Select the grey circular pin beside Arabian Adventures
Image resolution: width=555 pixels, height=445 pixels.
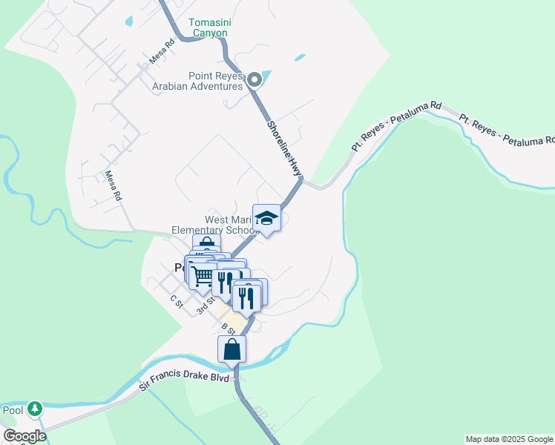[x=254, y=80]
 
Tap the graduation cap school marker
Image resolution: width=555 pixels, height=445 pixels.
[x=266, y=218]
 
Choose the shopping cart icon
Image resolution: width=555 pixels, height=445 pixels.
[x=203, y=276]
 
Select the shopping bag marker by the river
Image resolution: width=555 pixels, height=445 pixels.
[x=232, y=349]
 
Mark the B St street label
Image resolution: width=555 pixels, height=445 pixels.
[x=228, y=329]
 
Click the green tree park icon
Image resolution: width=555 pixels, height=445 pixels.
[x=35, y=409]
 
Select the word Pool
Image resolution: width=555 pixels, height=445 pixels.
[x=13, y=410]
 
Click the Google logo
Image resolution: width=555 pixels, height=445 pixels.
[x=24, y=436]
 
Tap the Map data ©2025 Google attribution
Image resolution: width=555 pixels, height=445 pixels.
[x=508, y=439]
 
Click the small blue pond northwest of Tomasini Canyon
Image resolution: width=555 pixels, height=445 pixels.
[x=129, y=22]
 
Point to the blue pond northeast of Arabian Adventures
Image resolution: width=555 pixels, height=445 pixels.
[x=299, y=57]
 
